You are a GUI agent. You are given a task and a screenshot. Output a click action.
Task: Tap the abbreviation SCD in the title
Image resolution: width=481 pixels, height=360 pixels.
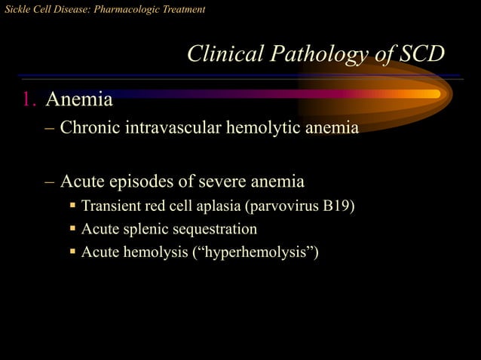[x=418, y=54]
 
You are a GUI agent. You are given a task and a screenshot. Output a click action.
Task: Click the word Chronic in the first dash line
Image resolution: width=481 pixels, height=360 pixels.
[x=90, y=127]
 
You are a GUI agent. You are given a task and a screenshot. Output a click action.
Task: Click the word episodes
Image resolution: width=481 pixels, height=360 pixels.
[x=141, y=182]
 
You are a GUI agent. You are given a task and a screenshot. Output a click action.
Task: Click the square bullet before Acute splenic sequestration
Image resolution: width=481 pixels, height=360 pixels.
[x=73, y=228]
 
